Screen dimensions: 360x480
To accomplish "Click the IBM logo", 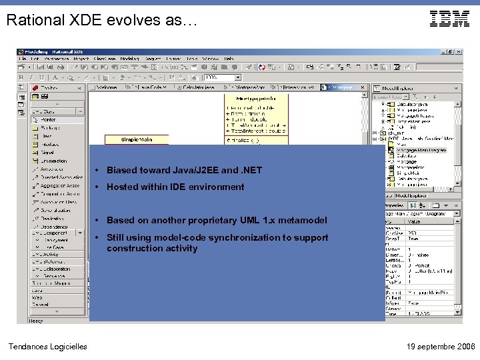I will (x=449, y=19).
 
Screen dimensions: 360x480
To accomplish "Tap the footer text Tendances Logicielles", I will (x=47, y=346).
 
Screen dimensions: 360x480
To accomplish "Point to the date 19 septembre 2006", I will (x=441, y=346).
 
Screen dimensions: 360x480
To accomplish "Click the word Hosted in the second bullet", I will (x=121, y=187).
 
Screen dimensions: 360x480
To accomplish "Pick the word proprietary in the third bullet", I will (x=213, y=221).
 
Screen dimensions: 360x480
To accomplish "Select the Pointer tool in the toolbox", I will (x=49, y=120).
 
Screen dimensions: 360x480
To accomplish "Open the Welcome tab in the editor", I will (x=105, y=87).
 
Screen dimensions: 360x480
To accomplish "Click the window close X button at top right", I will (x=459, y=52).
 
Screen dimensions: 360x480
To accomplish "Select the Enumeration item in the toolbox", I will (x=53, y=161).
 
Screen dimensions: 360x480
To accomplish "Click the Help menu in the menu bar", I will (x=229, y=59).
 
